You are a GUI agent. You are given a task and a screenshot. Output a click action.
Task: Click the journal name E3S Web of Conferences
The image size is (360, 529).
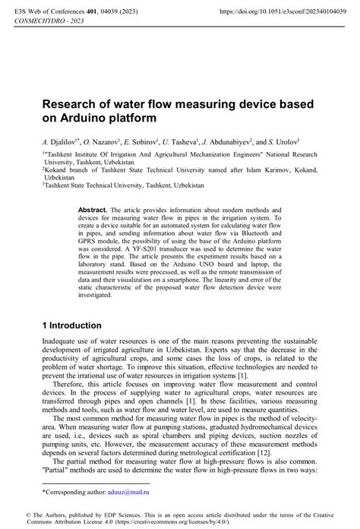(46, 11)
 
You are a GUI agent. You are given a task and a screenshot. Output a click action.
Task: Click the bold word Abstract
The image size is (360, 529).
(92, 208)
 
